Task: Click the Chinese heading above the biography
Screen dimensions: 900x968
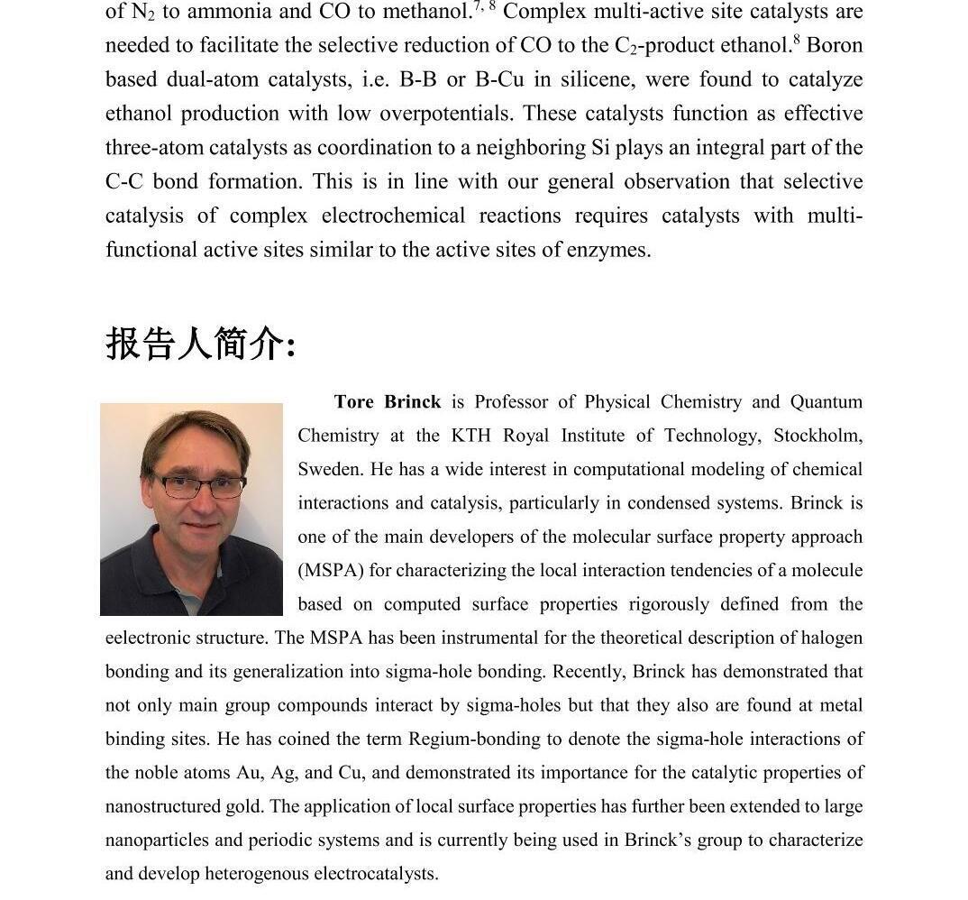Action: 200,344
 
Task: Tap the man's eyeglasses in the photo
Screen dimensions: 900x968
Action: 199,486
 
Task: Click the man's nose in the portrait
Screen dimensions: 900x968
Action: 200,501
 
